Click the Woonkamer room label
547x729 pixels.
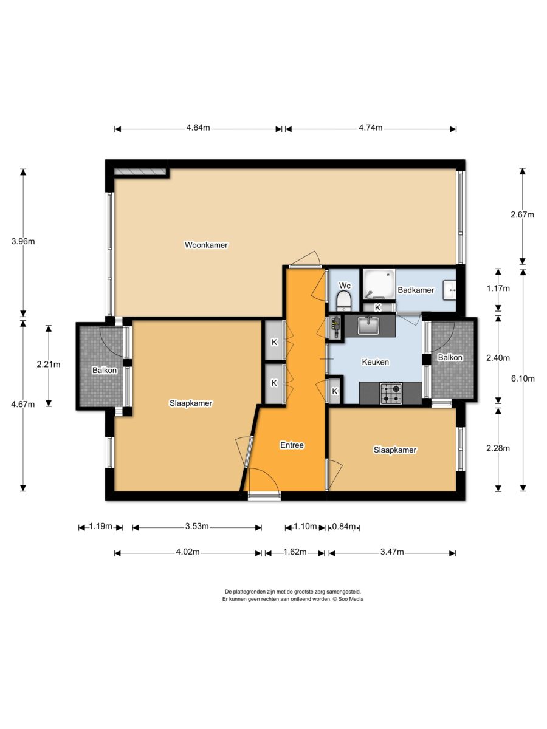[206, 245]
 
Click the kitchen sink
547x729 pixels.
[369, 326]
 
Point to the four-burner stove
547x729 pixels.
[391, 393]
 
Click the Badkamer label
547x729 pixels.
[416, 290]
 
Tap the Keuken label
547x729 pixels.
[375, 361]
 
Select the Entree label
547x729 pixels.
[292, 445]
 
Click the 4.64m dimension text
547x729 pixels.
[198, 128]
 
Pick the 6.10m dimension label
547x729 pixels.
[523, 378]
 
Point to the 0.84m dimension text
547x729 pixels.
[344, 527]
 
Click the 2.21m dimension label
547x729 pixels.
[49, 364]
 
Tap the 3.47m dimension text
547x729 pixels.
[392, 552]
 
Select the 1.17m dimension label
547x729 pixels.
[498, 289]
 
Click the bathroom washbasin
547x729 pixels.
[450, 290]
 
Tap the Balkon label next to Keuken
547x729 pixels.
[450, 358]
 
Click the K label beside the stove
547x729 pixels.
[334, 391]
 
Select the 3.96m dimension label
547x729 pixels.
[23, 241]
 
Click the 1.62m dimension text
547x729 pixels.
[295, 552]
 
